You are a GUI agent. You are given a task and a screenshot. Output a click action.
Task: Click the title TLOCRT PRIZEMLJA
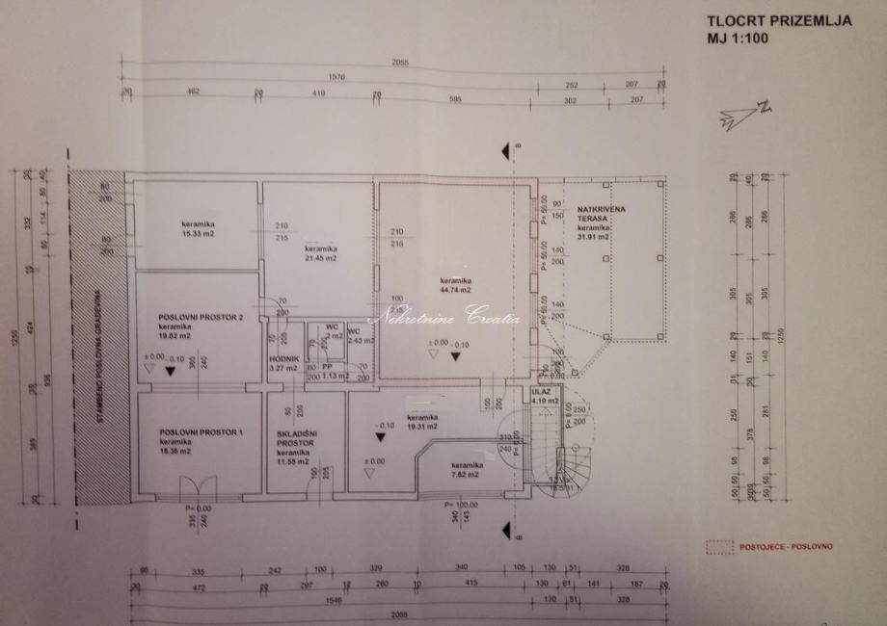pyautogui.click(x=778, y=20)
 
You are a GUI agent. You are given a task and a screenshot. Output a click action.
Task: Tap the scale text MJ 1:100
pyautogui.click(x=742, y=39)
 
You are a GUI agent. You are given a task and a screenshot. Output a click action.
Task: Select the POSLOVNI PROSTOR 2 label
pyautogui.click(x=193, y=316)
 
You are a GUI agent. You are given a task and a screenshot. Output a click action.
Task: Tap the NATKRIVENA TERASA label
pyautogui.click(x=593, y=214)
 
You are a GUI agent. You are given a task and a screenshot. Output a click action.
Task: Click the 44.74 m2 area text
pyautogui.click(x=452, y=290)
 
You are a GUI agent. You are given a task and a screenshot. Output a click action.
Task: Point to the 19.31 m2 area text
pyautogui.click(x=421, y=426)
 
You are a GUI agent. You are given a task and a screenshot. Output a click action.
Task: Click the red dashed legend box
pyautogui.click(x=719, y=547)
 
